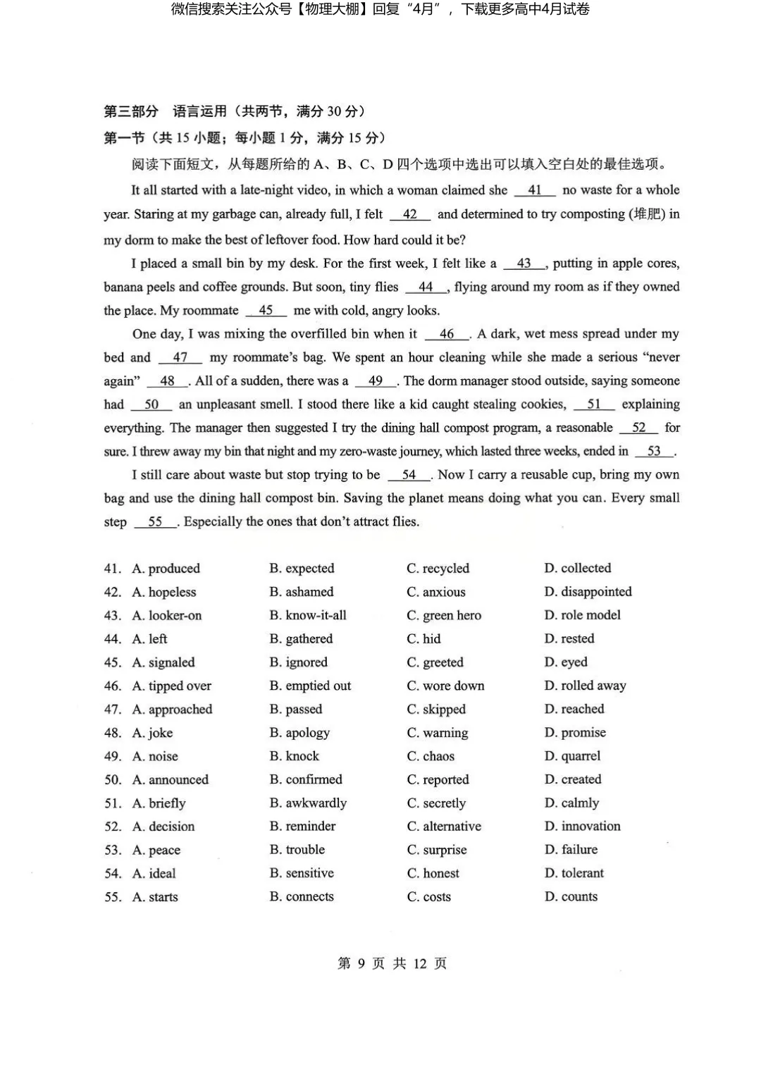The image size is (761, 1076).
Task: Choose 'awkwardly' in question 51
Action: pos(308,803)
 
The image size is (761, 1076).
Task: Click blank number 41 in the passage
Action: pos(535,190)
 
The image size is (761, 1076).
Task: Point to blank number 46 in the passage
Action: pos(447,334)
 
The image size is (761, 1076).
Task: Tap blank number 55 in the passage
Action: pos(155,522)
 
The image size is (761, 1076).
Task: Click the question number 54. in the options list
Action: pos(113,874)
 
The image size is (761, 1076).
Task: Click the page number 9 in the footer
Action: pos(361,964)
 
